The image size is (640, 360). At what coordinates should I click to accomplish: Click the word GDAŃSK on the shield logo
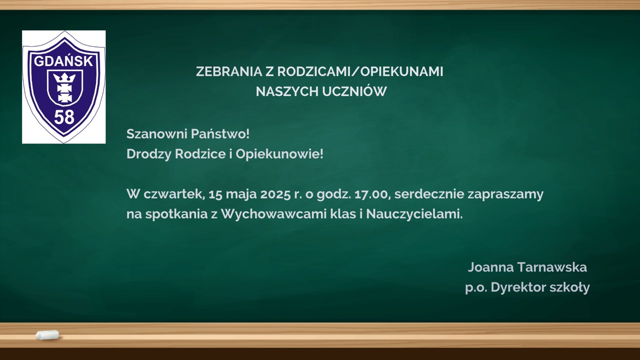coord(63,60)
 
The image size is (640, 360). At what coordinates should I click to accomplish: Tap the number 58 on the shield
coord(64,117)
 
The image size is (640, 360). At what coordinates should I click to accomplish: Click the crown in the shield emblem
coord(64,77)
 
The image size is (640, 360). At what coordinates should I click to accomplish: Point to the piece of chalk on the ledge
coord(47,335)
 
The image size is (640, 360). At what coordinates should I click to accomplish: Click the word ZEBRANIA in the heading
coord(229,71)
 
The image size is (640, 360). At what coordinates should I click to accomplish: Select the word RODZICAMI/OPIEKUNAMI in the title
coord(360,71)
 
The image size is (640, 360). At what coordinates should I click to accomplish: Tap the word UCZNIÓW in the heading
coord(354,91)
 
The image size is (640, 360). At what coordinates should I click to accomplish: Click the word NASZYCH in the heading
coord(287,91)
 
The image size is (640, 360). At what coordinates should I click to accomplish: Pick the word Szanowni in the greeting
coord(156,134)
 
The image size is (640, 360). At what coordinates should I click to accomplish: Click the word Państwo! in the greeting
coord(220,133)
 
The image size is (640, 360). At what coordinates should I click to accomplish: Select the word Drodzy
coord(148,154)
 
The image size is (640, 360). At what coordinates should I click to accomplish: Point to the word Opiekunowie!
coord(279,154)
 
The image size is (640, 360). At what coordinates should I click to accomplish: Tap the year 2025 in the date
coord(275,194)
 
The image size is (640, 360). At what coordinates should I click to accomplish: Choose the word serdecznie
coord(429,194)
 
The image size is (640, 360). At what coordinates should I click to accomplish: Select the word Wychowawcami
coord(273,214)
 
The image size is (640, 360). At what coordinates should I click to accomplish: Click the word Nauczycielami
coord(414,214)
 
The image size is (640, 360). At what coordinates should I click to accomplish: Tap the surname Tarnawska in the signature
coord(552,267)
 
